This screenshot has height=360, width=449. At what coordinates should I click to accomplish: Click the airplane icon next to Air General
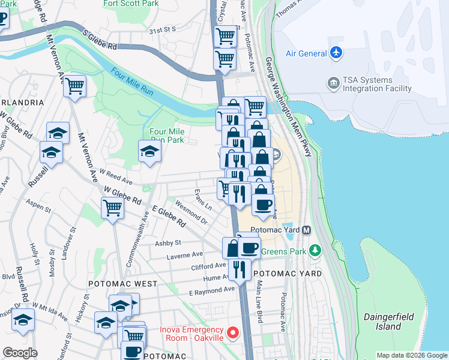336,53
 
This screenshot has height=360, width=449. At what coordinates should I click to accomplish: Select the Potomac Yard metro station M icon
306,230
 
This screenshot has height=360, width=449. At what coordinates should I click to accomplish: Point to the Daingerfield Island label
382,321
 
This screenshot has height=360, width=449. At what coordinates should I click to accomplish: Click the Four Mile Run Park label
166,136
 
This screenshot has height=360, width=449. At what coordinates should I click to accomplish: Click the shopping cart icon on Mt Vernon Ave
74,86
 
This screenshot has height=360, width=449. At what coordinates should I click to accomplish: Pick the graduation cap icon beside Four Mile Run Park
149,151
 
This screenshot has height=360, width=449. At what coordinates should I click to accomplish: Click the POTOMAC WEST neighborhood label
122,283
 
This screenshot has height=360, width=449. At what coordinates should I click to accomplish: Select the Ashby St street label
168,243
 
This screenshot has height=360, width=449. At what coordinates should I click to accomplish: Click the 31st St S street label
162,29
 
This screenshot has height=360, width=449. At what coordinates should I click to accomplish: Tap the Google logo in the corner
19,353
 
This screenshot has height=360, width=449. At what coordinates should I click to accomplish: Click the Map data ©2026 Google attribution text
411,355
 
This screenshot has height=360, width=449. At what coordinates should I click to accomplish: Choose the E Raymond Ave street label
211,291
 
